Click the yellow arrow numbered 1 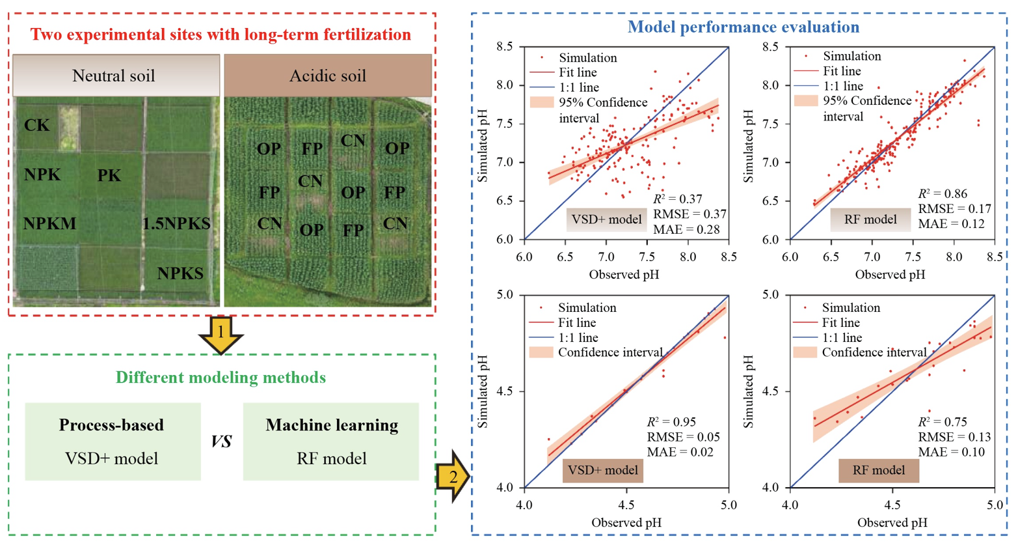tap(221, 333)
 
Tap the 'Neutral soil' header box tap(114, 76)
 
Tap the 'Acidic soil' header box tap(327, 76)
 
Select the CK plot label tap(36, 125)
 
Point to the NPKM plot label tap(49, 225)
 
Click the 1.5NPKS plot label tap(176, 224)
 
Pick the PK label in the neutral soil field tap(109, 176)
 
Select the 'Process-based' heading tap(111, 425)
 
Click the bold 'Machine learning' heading tap(332, 425)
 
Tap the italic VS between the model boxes tap(221, 442)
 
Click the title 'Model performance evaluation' tap(743, 27)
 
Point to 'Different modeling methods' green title tap(221, 378)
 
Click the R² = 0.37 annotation tap(677, 199)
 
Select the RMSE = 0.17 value tap(954, 209)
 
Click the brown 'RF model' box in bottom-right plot tap(878, 470)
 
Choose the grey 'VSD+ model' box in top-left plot tap(605, 219)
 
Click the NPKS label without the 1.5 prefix tap(180, 274)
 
